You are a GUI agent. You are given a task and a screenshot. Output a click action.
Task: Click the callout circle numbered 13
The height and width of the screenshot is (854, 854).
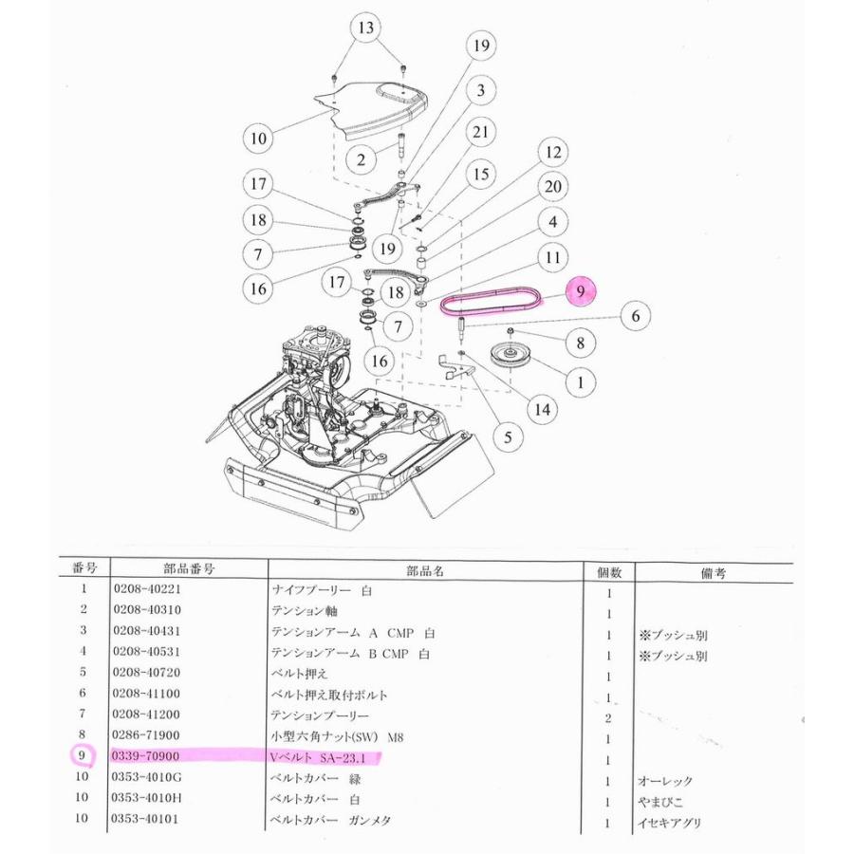coord(366,28)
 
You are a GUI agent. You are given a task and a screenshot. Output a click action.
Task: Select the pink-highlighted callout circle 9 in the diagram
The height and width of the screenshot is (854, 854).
coord(583,291)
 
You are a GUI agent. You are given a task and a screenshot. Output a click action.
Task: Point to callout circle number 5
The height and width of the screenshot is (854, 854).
coord(508,437)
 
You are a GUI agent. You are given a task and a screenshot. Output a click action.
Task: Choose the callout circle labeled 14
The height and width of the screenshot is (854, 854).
coord(543,409)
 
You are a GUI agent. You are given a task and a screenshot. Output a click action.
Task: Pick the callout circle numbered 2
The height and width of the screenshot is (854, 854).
coord(361,159)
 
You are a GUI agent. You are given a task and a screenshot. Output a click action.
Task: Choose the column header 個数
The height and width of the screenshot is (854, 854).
coord(608,571)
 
